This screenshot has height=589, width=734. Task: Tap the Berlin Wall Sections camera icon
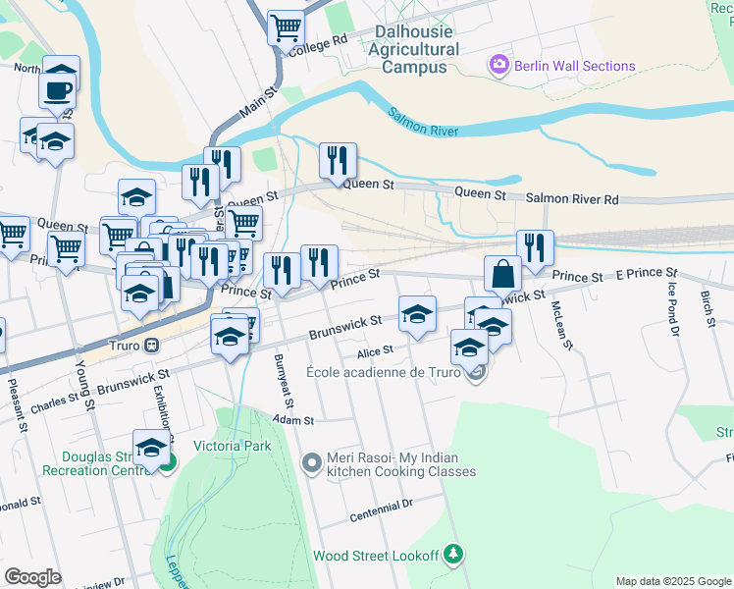coord(498,66)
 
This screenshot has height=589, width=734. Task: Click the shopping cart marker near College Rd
coord(287,28)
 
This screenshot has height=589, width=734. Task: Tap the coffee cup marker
coord(56,90)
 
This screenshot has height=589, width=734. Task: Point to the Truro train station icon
coord(152,346)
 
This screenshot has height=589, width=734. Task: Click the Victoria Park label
coord(234,457)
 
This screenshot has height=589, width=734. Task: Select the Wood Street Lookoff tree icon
coord(452,555)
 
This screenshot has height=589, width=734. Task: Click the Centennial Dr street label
coord(383,509)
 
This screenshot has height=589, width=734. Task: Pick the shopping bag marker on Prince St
coord(502,274)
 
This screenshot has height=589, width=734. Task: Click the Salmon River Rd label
coord(572,199)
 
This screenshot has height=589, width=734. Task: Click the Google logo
coord(32,577)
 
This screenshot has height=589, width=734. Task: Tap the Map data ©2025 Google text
coord(673,581)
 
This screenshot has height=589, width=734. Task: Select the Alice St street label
coord(375,349)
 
